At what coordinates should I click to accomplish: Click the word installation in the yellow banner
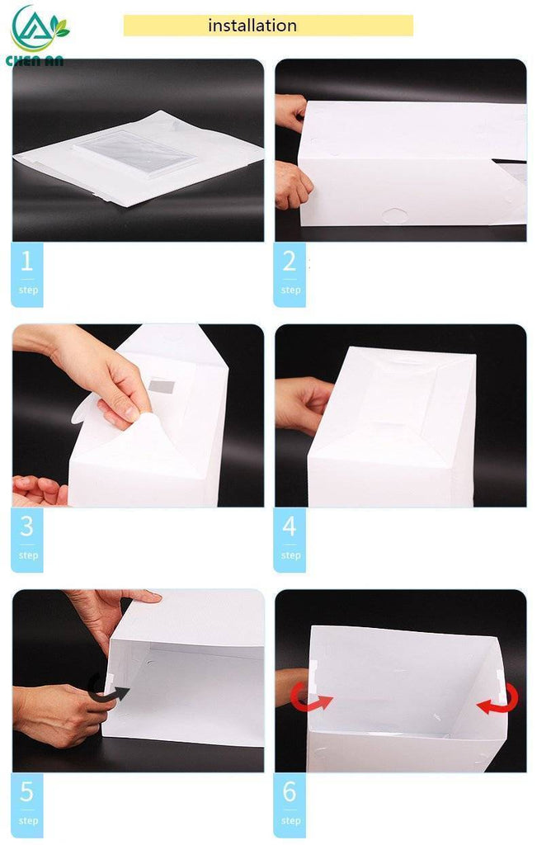(x=252, y=26)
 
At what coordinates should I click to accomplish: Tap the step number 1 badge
(x=27, y=275)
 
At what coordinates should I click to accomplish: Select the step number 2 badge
(x=290, y=275)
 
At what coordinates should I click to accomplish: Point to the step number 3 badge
(x=27, y=540)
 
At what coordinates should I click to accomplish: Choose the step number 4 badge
(x=290, y=540)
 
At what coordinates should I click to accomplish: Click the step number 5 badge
(x=27, y=805)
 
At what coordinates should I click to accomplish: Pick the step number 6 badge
(x=290, y=805)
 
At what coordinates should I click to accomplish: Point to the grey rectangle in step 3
(x=161, y=386)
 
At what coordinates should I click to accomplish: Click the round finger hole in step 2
(x=395, y=216)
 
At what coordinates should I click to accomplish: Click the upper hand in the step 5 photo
(x=112, y=614)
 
